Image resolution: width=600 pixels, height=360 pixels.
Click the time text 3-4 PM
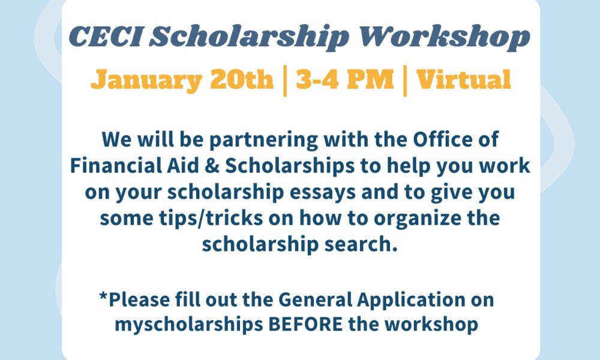click(345, 79)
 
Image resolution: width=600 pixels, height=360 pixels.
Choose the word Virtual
click(463, 79)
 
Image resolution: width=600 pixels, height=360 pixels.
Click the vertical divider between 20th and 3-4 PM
click(285, 81)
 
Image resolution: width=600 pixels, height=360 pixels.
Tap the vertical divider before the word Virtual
click(405, 81)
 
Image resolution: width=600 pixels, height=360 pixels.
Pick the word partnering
click(263, 140)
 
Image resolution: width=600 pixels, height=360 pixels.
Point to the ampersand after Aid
click(211, 166)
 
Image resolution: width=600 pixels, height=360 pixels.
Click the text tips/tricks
click(211, 218)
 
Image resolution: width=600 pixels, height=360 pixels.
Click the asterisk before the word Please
click(103, 296)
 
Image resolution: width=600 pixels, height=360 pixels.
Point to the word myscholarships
click(189, 325)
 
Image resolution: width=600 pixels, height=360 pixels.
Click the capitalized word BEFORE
click(305, 325)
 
